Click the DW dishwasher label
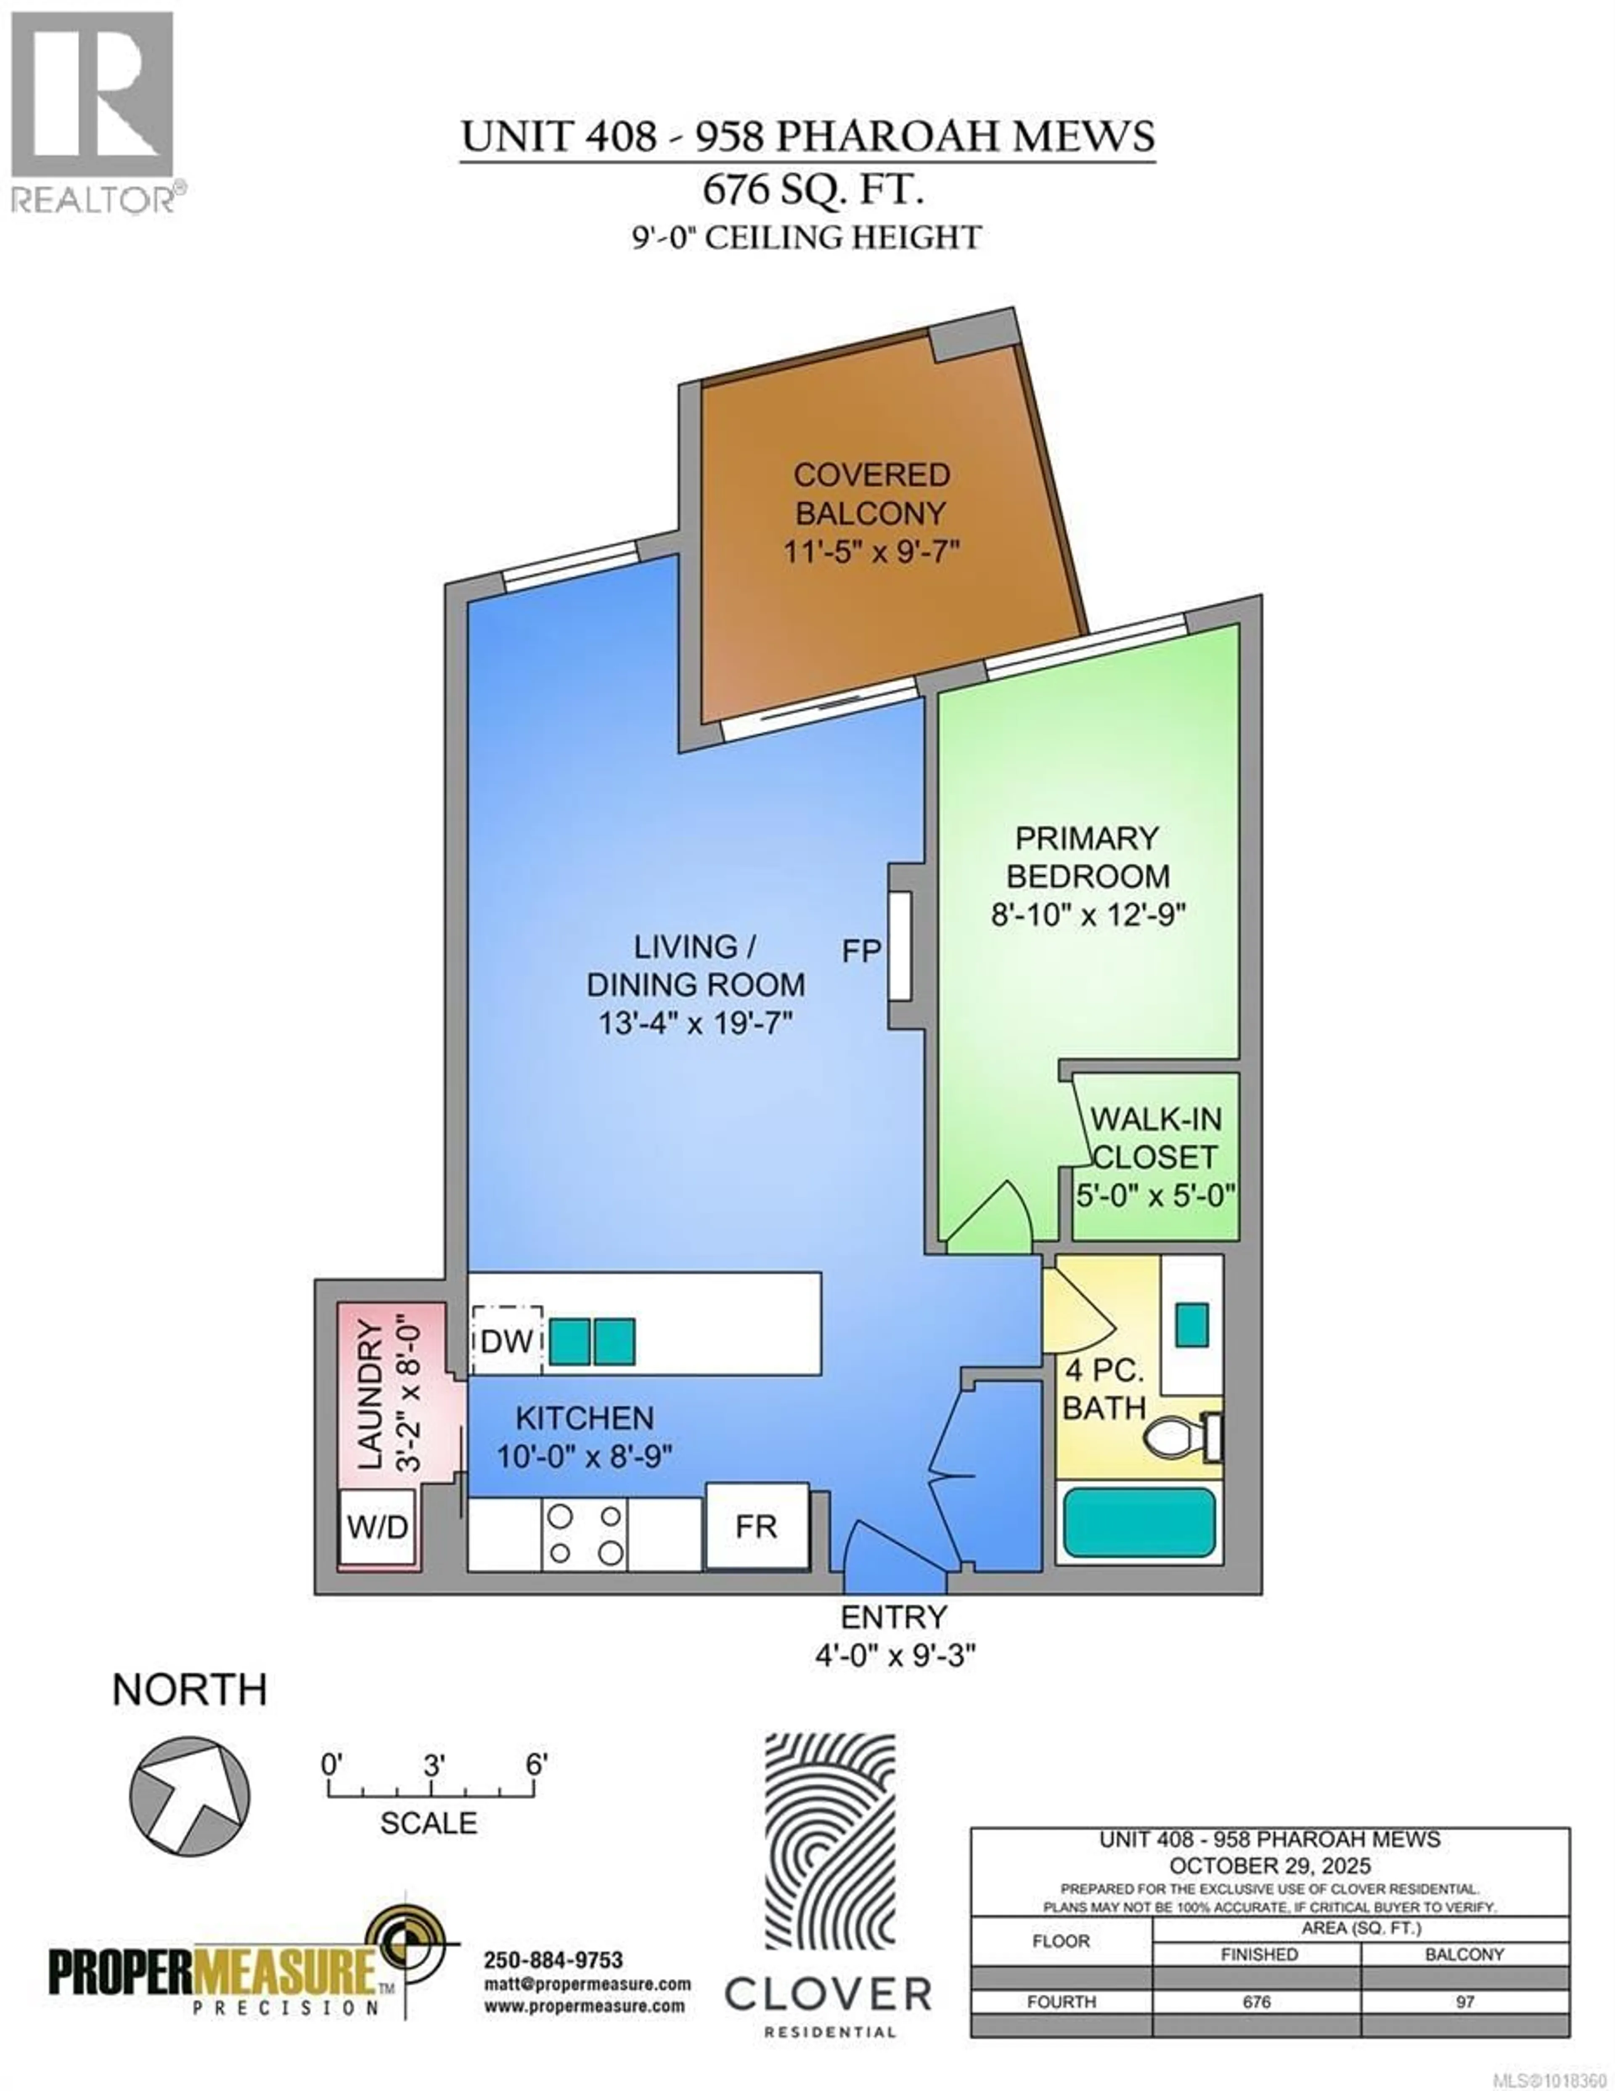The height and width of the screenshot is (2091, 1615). pos(506,1341)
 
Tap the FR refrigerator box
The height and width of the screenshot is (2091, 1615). pos(756,1526)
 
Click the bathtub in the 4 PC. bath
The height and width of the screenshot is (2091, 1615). pos(1139,1522)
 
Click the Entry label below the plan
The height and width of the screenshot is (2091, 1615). pos(893,1617)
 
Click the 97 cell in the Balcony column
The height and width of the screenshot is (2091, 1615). pos(1465,2002)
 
